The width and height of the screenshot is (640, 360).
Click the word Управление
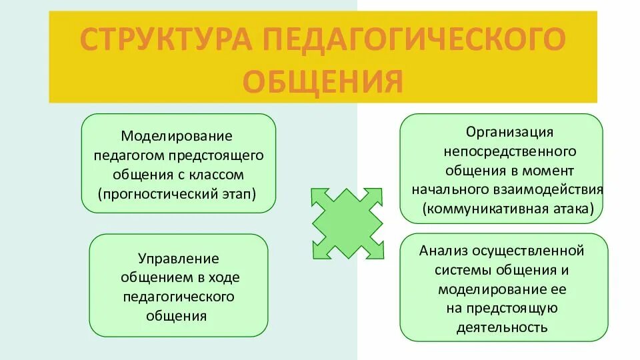click(178, 259)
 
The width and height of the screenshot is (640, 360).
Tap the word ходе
click(223, 278)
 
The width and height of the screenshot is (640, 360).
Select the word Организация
click(509, 133)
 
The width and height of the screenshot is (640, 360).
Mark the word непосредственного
click(509, 151)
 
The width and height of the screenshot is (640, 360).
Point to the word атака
click(573, 209)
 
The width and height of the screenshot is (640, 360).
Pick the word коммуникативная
click(488, 209)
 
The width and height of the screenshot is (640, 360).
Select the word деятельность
click(503, 328)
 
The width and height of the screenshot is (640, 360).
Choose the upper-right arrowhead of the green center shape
click(377, 196)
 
